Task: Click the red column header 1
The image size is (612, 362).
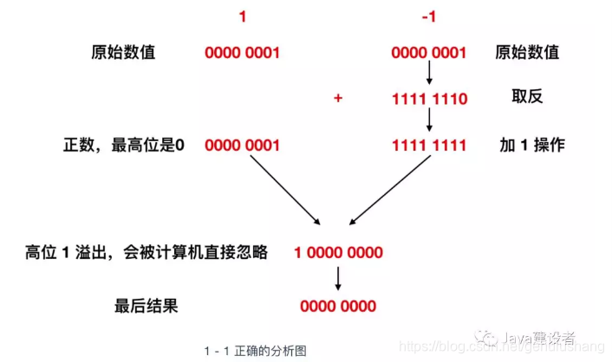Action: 243,16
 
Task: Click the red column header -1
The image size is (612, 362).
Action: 429,16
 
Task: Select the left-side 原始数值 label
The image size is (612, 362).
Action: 124,52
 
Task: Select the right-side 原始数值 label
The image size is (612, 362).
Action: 528,52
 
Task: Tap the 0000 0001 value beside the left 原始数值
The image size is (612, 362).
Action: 243,53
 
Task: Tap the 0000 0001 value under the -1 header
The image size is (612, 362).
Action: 429,53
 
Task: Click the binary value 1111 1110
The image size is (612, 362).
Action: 429,99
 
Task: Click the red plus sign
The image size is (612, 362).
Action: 338,99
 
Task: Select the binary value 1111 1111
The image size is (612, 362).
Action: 429,145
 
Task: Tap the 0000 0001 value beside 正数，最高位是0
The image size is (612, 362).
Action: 243,145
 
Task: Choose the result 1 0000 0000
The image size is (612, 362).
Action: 338,253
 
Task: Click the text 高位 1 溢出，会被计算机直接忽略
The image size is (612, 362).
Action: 146,252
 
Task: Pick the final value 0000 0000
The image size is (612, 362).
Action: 338,306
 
